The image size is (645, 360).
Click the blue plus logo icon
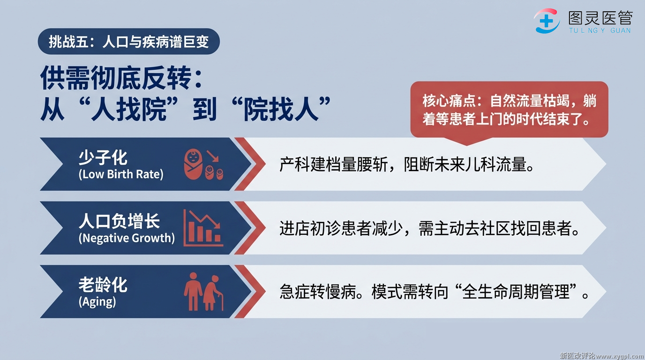[x=547, y=21]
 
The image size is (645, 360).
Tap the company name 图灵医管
[x=600, y=18]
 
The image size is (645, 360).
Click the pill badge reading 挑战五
[x=129, y=41]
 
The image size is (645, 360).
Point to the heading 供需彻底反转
[x=121, y=78]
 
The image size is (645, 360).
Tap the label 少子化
[x=103, y=157]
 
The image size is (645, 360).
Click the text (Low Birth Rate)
[x=121, y=174]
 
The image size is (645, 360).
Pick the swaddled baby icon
[x=193, y=164]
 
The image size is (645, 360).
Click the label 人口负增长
[x=119, y=221]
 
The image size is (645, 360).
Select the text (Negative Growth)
[x=127, y=238]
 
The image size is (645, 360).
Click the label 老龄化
[x=103, y=285]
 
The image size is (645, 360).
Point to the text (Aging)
[x=97, y=302]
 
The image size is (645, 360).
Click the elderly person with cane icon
[x=214, y=292]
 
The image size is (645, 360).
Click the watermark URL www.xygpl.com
[x=619, y=356]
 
